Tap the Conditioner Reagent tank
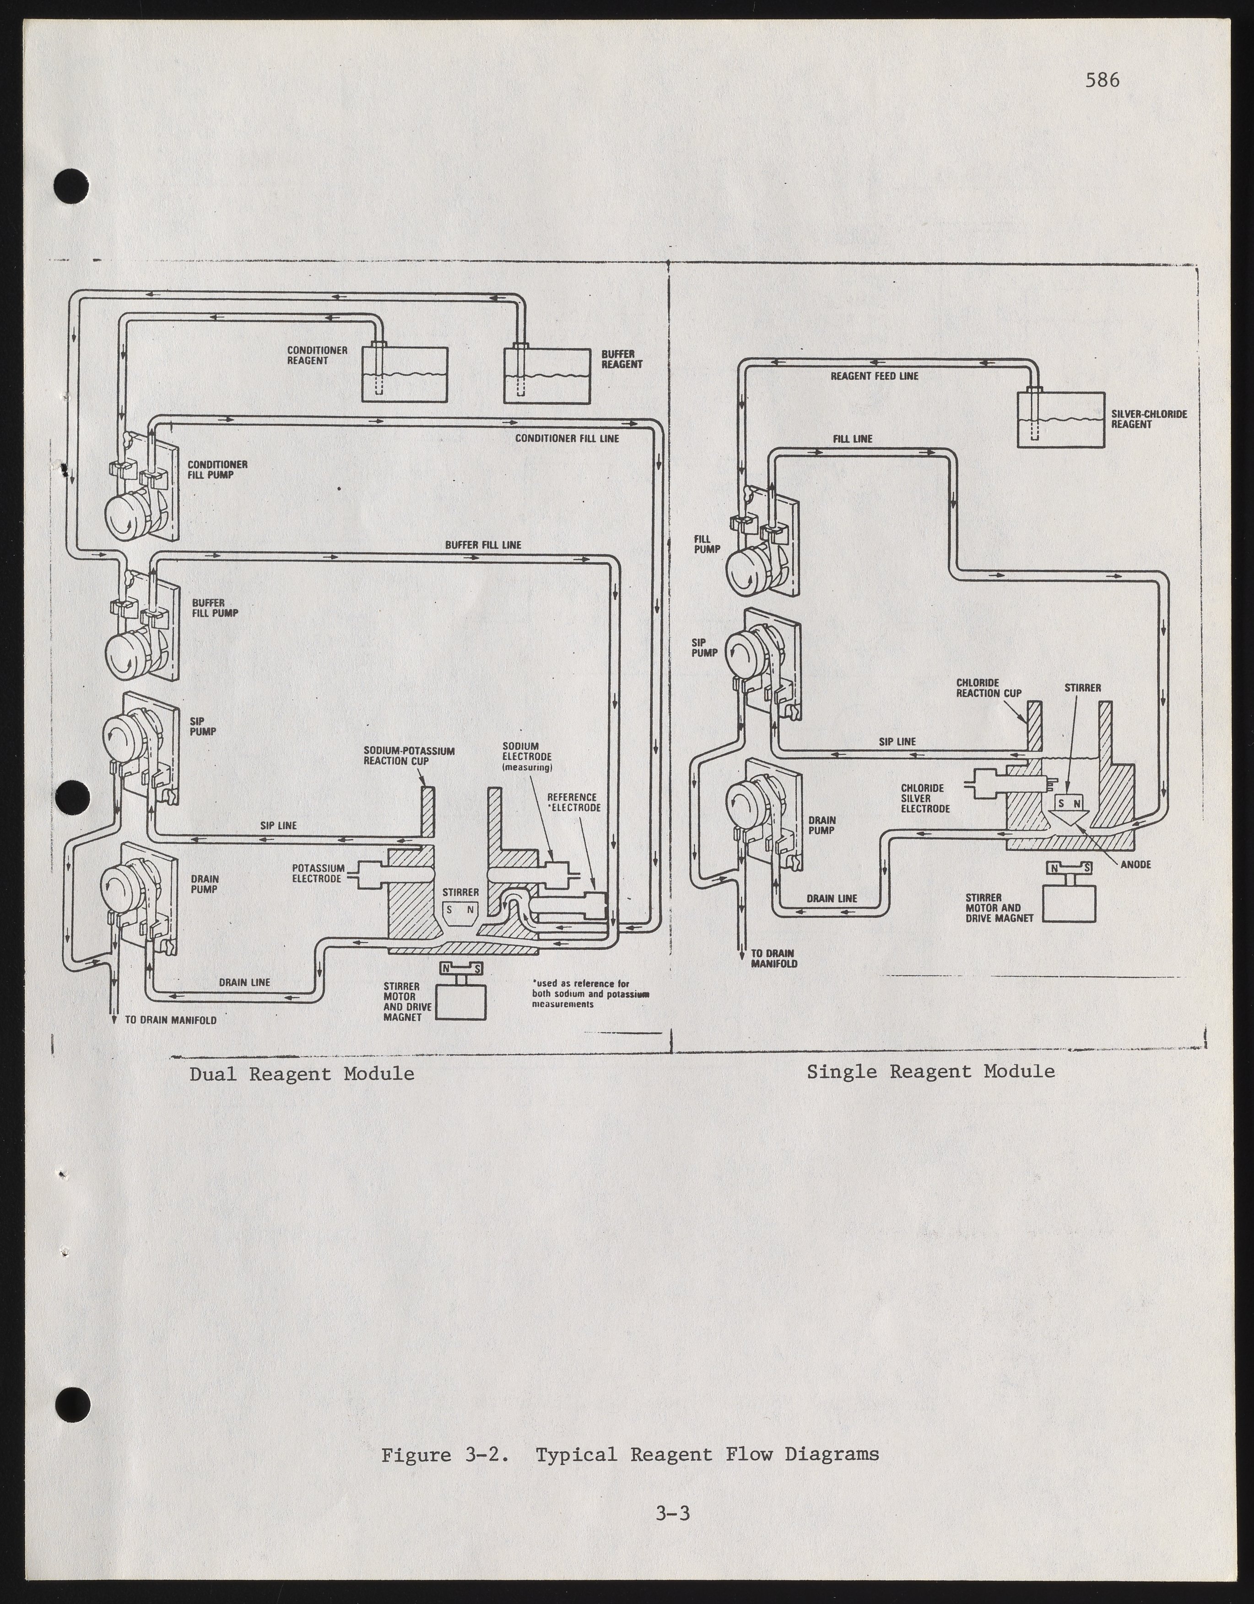pos(405,374)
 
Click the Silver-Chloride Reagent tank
pos(1060,419)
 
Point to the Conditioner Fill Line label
pos(567,438)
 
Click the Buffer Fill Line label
pos(483,545)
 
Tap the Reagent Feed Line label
pos(874,376)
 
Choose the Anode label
pos(1135,864)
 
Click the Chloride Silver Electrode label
pos(925,798)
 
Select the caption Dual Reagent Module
pos(301,1074)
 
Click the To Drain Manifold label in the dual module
pos(170,1020)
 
